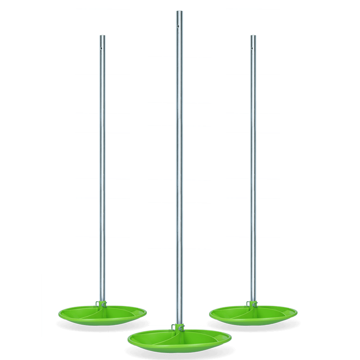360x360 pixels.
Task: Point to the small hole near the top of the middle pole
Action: coord(179,26)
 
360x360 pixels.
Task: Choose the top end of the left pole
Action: coord(103,36)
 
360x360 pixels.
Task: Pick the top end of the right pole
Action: coord(253,36)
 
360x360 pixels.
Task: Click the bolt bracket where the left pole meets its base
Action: coord(103,304)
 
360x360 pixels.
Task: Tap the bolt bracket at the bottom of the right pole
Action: coord(253,304)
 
